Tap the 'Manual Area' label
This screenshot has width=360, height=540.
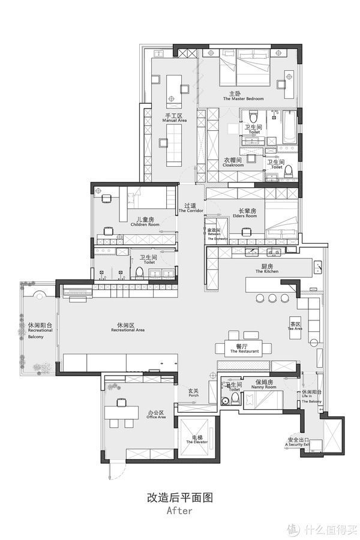[174, 120]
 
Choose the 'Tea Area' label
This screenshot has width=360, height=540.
[295, 328]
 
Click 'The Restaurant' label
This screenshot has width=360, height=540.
[243, 352]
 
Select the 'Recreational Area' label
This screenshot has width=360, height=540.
[127, 330]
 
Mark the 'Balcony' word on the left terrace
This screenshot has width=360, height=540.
[35, 337]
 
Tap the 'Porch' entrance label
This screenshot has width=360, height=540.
[193, 395]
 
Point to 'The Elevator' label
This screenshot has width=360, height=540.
[196, 442]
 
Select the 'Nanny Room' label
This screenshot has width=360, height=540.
[262, 387]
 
